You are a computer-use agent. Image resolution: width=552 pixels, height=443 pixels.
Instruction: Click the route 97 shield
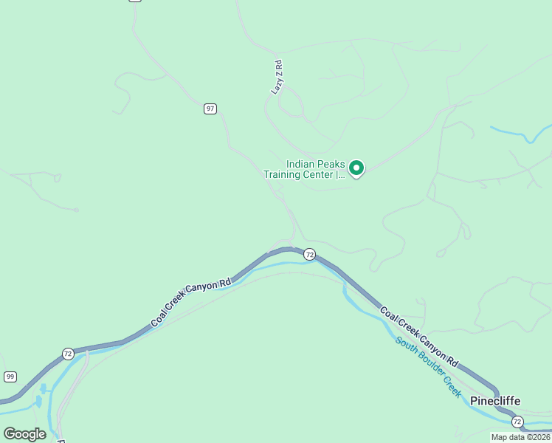(x=210, y=109)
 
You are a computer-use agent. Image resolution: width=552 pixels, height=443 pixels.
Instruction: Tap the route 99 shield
(x=10, y=377)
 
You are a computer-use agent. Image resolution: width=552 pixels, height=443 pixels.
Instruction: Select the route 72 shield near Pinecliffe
(x=517, y=422)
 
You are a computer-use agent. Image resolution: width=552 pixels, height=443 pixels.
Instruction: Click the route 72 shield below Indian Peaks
(x=310, y=255)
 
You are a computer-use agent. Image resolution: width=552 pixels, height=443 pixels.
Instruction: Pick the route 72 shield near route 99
(x=68, y=353)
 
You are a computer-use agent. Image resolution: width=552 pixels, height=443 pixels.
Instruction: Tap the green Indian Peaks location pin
(x=356, y=168)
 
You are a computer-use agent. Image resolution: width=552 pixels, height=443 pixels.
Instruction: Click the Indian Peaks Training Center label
(x=304, y=170)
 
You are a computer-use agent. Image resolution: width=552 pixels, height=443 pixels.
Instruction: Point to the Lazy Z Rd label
(x=277, y=77)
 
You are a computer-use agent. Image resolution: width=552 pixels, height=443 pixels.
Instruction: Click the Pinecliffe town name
(x=495, y=401)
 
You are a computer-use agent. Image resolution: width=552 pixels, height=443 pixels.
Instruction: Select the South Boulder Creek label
(x=429, y=367)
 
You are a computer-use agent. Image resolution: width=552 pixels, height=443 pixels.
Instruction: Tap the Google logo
(x=24, y=433)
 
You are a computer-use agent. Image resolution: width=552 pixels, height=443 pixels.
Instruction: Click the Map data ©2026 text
(x=521, y=437)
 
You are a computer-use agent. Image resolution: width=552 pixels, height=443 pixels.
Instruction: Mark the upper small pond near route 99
(x=43, y=388)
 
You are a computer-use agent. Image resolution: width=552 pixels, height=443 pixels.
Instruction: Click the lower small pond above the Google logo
(x=38, y=402)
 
